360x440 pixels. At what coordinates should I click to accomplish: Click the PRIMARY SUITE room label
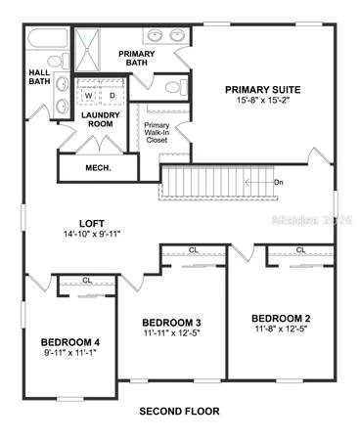[263, 89]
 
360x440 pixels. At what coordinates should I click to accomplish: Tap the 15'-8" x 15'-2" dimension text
[263, 101]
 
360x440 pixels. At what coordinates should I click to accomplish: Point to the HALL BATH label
[38, 76]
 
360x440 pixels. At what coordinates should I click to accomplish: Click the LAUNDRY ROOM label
[102, 120]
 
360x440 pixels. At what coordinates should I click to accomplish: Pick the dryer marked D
[112, 95]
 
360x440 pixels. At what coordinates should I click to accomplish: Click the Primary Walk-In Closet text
[157, 133]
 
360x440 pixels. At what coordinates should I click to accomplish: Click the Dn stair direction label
[279, 183]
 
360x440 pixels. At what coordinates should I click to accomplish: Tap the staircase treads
[210, 182]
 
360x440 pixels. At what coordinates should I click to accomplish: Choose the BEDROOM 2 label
[281, 319]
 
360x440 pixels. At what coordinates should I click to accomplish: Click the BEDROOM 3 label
[171, 323]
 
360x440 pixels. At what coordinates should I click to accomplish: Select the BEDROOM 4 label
[70, 342]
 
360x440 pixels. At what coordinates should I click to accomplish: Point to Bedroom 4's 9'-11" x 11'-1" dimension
[70, 355]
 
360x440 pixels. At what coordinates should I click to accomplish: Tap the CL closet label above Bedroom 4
[87, 281]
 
